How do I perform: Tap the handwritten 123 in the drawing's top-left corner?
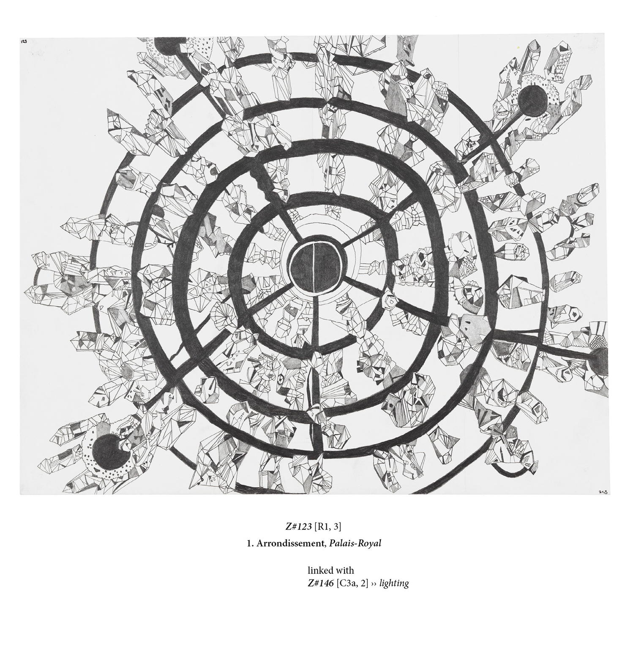[x=24, y=41]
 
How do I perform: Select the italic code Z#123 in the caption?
[x=298, y=526]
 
